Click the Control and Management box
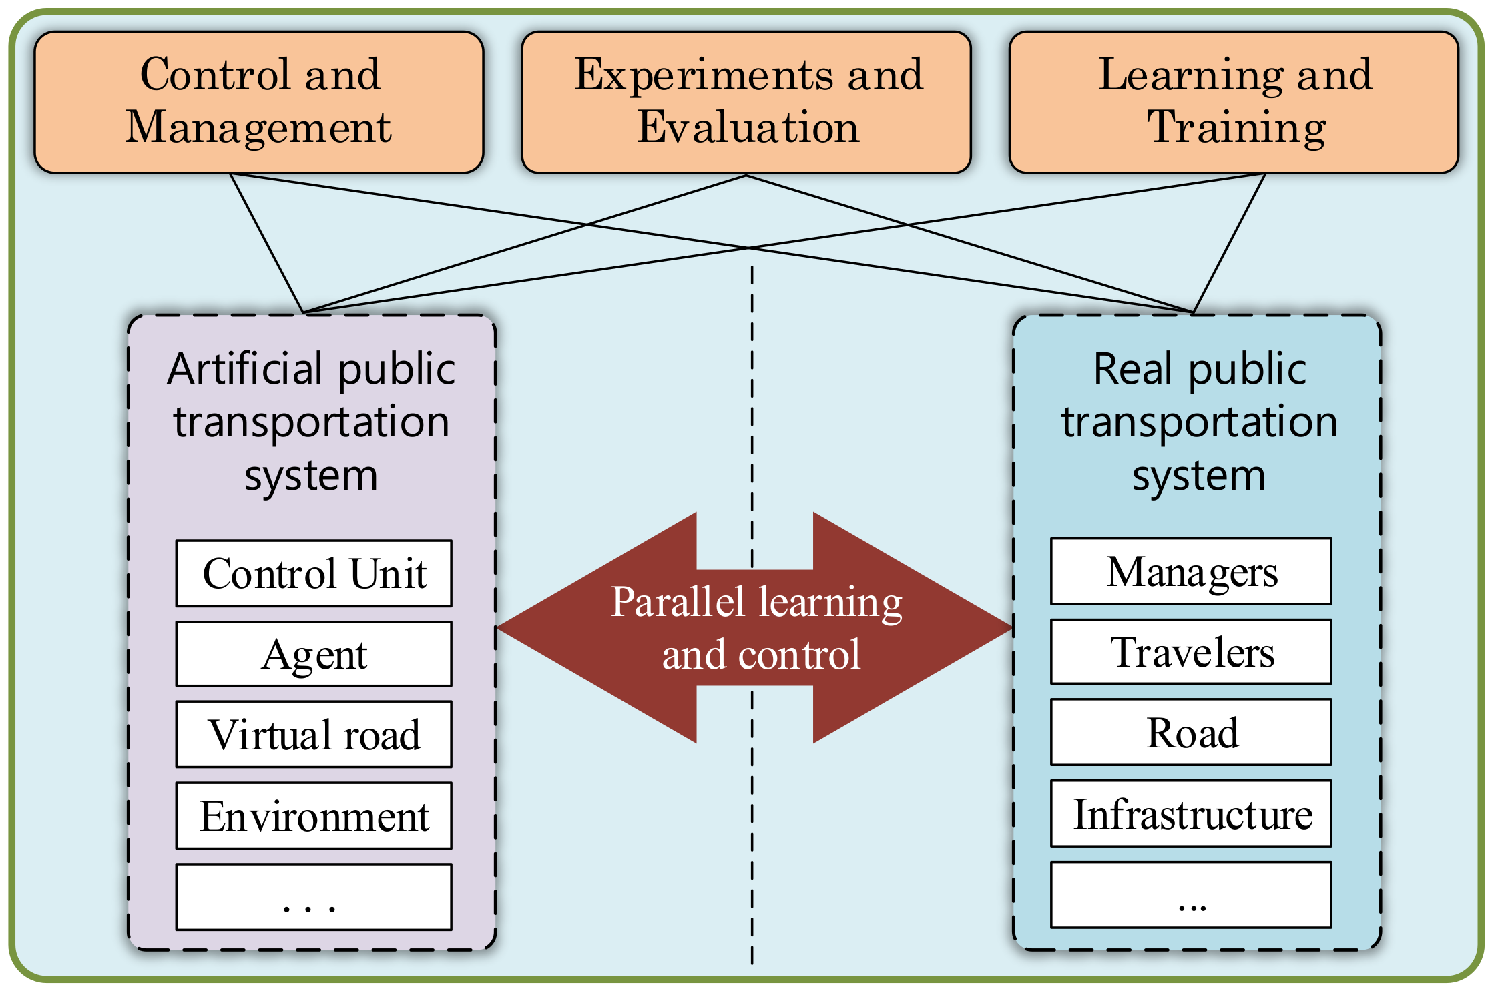click(258, 102)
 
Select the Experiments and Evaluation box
click(746, 102)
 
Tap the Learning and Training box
click(1234, 102)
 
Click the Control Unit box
click(314, 573)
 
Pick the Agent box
click(314, 654)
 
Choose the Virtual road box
click(314, 734)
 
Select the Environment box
click(314, 815)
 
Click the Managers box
click(1191, 571)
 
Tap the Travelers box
click(1191, 651)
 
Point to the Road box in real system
click(1191, 732)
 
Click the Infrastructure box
click(1191, 813)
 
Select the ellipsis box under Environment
click(314, 897)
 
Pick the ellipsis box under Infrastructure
click(1191, 895)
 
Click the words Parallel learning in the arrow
click(756, 601)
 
